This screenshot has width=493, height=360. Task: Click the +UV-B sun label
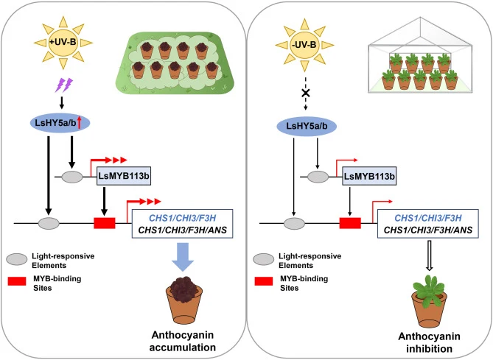click(x=63, y=42)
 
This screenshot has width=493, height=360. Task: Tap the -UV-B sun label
click(x=304, y=45)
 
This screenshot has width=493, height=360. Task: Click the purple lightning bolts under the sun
click(x=64, y=85)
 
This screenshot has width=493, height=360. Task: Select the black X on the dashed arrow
click(x=306, y=93)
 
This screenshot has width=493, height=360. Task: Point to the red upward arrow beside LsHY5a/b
click(x=80, y=122)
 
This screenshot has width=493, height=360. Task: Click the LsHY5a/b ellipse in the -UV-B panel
click(x=307, y=127)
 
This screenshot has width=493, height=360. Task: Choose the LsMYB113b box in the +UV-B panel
click(x=124, y=176)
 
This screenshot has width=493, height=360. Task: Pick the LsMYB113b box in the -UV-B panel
click(x=369, y=176)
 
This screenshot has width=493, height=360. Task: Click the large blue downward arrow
click(x=183, y=257)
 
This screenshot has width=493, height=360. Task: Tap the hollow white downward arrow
click(x=429, y=255)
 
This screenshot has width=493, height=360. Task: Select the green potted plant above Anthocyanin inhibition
click(x=429, y=301)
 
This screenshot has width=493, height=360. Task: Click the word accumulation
click(x=183, y=347)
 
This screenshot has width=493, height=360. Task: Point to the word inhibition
click(x=429, y=349)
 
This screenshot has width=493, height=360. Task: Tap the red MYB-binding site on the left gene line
click(x=105, y=223)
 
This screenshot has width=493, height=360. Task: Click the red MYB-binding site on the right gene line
click(x=350, y=223)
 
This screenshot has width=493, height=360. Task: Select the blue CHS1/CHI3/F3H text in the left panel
click(x=182, y=218)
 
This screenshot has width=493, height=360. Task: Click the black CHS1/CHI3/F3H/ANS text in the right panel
click(x=428, y=230)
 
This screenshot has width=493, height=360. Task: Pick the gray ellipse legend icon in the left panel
click(x=17, y=259)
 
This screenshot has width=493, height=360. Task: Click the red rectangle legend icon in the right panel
click(x=264, y=281)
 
